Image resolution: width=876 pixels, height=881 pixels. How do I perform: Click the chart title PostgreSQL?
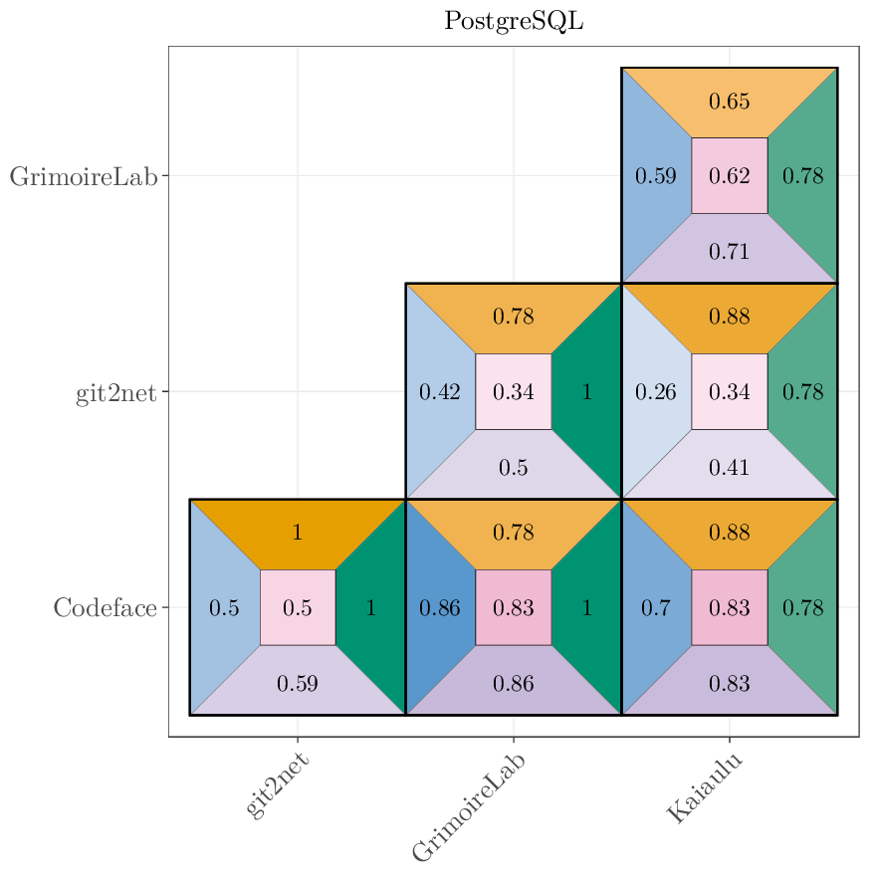point(514,21)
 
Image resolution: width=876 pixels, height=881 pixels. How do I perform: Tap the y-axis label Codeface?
point(105,607)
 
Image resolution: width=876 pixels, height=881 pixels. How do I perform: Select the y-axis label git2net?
point(115,392)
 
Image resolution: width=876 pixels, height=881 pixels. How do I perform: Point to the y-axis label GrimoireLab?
point(84,176)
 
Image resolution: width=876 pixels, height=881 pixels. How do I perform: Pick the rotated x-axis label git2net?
point(277,785)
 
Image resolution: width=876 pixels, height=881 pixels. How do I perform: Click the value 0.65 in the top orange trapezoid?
point(729,102)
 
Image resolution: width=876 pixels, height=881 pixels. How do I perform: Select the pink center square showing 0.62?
point(729,176)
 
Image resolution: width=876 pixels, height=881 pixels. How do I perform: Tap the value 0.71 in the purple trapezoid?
point(729,251)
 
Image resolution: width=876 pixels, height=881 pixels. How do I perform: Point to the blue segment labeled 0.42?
point(439,392)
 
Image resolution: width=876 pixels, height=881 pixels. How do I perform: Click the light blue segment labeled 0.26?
point(655,392)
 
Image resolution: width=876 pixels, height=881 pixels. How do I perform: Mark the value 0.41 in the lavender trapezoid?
point(729,467)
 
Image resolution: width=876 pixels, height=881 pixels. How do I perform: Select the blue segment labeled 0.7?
point(655,607)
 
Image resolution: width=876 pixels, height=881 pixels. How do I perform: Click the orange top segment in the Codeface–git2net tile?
point(297,533)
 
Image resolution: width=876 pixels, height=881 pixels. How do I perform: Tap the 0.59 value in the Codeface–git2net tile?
point(297,683)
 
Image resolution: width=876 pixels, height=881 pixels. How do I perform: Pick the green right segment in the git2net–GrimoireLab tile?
point(587,392)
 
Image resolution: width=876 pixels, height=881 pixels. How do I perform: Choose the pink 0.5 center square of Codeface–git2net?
point(297,607)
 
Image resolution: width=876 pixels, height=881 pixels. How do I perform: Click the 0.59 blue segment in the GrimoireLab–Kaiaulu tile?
point(655,176)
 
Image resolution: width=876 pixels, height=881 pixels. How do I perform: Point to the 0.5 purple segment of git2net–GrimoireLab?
point(513,467)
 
